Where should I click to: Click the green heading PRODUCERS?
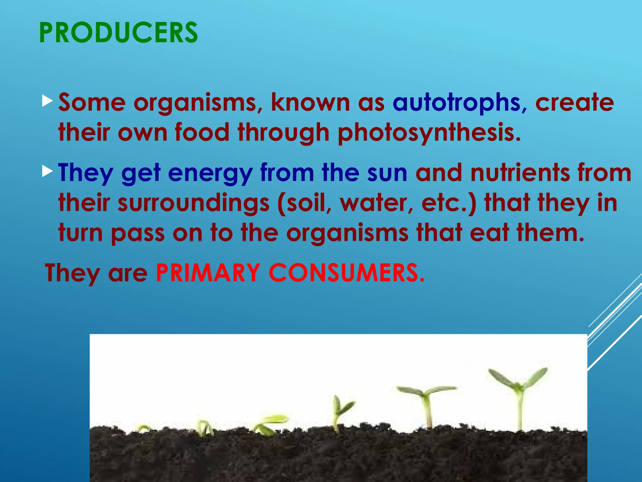tap(118, 33)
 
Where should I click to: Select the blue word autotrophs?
tap(456, 103)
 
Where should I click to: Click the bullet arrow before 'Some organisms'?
tap(47, 101)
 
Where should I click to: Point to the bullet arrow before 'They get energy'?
tap(47, 171)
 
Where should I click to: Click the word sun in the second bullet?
tap(387, 173)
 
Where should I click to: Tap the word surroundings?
tap(194, 203)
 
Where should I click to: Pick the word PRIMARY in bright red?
tap(208, 273)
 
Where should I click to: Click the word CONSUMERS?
tap(346, 273)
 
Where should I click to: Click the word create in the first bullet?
tap(574, 103)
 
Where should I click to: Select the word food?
tap(202, 132)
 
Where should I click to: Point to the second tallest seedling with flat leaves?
tap(426, 405)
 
